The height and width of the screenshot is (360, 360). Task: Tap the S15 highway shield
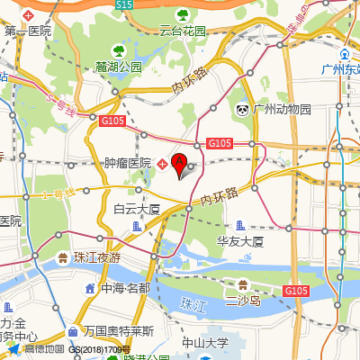125,5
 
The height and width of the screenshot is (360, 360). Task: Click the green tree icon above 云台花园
183,14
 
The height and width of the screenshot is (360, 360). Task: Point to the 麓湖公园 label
119,67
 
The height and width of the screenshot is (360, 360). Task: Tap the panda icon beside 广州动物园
243,109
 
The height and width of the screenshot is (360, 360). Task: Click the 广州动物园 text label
282,109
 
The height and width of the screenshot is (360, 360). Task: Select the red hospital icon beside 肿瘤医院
162,163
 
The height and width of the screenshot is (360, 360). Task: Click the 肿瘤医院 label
128,163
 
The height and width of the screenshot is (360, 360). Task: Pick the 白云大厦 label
137,209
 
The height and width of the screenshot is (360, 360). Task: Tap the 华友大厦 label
240,241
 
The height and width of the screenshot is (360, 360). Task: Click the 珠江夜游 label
97,257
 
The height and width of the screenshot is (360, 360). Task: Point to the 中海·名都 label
125,289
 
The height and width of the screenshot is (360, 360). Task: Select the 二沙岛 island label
242,299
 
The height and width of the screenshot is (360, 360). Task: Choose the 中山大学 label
205,342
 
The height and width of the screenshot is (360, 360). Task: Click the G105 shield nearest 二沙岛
296,291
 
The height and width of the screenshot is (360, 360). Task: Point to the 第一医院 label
28,31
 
